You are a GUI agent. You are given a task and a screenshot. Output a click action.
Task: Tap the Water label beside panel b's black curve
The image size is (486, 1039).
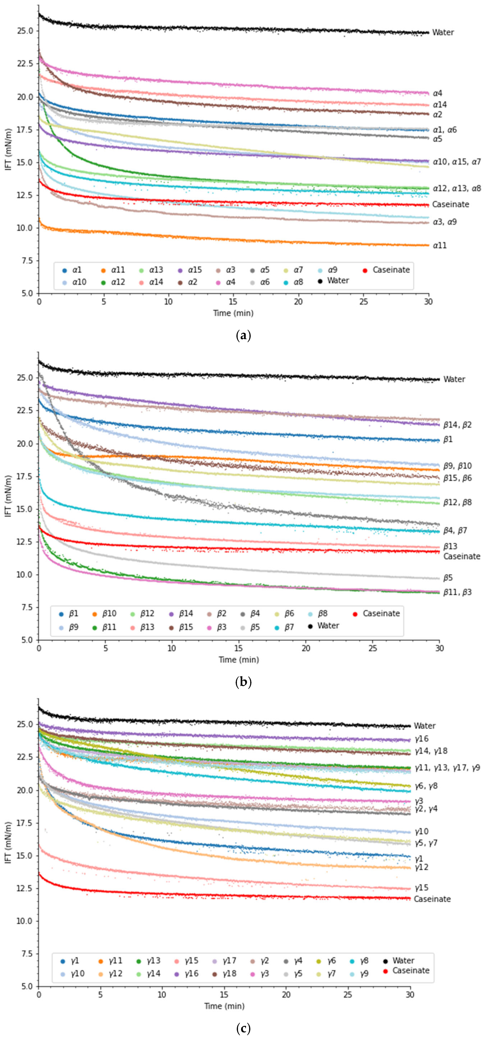[454, 379]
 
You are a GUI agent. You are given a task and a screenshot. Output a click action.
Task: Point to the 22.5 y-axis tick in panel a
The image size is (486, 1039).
[25, 64]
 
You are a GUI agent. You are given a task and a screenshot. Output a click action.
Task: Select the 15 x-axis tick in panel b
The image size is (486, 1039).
[239, 648]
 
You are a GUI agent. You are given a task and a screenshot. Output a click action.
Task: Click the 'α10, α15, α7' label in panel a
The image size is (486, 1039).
[456, 162]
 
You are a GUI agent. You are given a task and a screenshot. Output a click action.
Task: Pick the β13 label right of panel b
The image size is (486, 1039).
[450, 546]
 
